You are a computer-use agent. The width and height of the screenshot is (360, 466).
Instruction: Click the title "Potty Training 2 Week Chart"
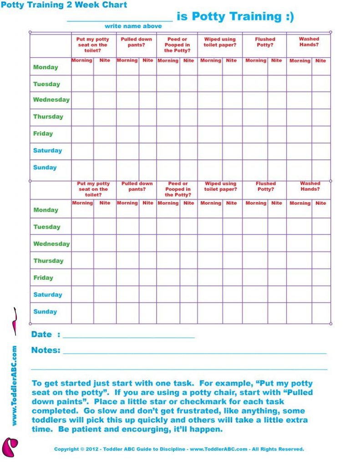click(64, 5)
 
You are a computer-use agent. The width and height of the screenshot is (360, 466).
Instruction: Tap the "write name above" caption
click(133, 26)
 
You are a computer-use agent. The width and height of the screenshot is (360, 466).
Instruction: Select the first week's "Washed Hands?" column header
click(309, 42)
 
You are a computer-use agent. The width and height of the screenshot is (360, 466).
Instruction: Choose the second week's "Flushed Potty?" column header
click(265, 186)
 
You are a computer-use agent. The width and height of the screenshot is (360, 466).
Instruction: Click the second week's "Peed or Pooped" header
click(177, 189)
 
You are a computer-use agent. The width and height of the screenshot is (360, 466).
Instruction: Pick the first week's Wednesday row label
click(51, 100)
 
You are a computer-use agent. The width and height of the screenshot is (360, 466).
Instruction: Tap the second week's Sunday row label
click(45, 312)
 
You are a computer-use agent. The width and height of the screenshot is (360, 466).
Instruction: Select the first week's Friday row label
click(43, 134)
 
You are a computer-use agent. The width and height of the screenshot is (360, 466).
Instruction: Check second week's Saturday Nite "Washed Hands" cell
click(321, 294)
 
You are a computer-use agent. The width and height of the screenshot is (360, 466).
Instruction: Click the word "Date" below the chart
click(41, 334)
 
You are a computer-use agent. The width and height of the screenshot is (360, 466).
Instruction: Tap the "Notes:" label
click(46, 350)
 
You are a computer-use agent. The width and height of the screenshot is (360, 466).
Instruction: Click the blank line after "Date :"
click(128, 336)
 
